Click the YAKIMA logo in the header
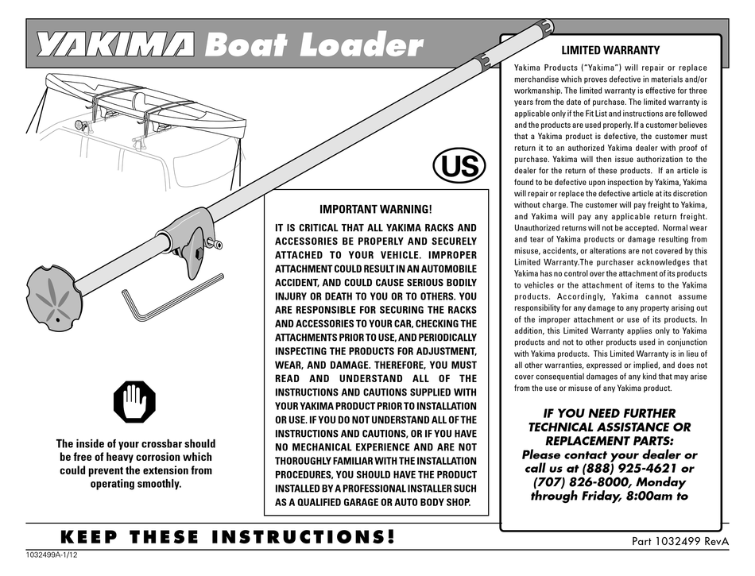114,46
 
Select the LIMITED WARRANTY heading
610,50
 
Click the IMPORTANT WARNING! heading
376,210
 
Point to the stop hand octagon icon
135,404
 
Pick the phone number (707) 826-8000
570,482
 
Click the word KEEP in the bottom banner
91,537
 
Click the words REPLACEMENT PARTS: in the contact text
610,440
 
